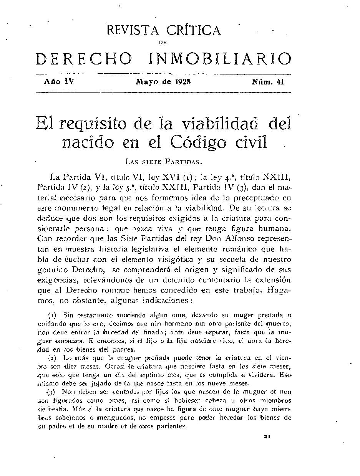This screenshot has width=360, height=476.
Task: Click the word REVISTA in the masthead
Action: click(133, 30)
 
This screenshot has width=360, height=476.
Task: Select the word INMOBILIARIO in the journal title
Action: click(219, 59)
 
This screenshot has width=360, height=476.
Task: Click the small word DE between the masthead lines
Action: click(163, 43)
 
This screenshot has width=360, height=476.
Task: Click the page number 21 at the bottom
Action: click(267, 436)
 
